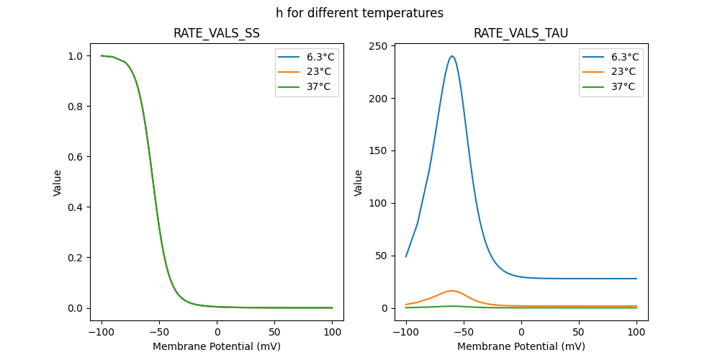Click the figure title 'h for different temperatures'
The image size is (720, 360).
pos(359,13)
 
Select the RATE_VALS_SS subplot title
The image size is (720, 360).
pos(217,33)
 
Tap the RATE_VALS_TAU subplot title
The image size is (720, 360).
pos(521,33)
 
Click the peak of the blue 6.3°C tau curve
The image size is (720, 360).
pos(452,56)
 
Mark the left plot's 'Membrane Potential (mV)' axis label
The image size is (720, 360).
pos(217,346)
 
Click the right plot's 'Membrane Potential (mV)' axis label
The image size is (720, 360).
pos(521,346)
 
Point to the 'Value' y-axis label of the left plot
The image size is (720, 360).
pos(58,183)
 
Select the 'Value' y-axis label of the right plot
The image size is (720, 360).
pos(359,183)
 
